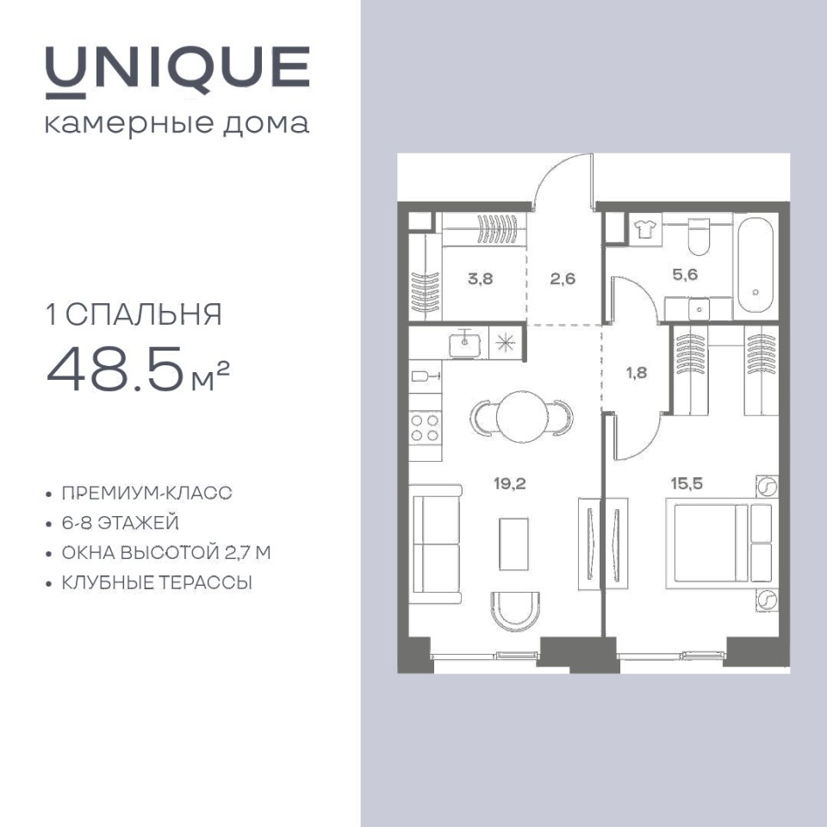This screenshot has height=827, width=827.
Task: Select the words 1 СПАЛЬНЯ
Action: (134, 314)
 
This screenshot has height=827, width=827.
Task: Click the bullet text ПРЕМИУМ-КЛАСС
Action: (146, 493)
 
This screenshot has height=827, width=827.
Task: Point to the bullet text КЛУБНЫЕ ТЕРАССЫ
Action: (157, 583)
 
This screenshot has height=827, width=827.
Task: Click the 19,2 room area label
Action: (509, 482)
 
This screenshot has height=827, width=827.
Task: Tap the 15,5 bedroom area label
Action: (687, 483)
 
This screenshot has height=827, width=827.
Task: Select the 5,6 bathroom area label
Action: (685, 274)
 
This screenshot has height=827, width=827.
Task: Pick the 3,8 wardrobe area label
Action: (480, 278)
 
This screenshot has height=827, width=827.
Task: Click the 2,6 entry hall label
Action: (563, 278)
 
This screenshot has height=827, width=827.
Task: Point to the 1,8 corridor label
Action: (637, 373)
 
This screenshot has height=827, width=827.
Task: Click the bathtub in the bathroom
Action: (755, 266)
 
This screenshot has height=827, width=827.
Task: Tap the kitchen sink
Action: (464, 345)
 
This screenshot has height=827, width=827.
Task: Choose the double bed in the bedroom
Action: (719, 543)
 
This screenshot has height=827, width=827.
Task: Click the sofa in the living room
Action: (436, 544)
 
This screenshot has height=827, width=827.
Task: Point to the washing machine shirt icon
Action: (644, 229)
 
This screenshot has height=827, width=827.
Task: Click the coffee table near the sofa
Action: (513, 544)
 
